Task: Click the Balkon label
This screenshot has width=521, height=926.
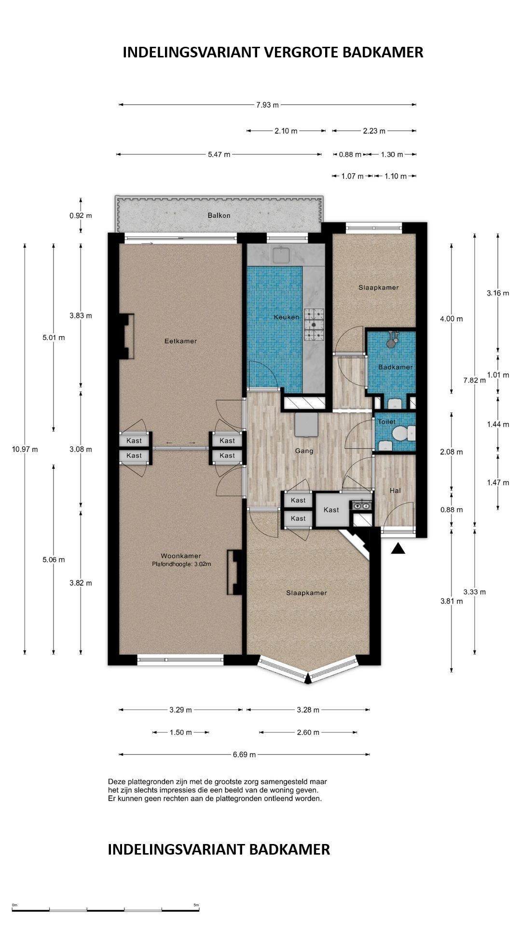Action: click(219, 216)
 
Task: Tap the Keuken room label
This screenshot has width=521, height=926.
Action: click(287, 317)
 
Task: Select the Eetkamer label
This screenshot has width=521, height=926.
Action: click(180, 341)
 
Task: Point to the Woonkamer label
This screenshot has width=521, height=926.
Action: click(181, 556)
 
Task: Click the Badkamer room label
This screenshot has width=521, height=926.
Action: click(396, 367)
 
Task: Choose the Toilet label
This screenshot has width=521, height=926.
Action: click(386, 422)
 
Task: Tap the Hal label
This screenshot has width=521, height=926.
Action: click(395, 490)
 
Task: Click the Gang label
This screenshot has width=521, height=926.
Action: click(304, 451)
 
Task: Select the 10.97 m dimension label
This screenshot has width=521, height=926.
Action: click(25, 449)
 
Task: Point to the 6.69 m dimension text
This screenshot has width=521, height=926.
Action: click(244, 754)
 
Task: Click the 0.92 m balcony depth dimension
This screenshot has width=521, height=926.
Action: click(81, 216)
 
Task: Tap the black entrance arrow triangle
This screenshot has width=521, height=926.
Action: click(398, 548)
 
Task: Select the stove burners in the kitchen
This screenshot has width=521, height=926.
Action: click(314, 325)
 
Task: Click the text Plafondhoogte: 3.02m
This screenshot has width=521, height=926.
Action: click(181, 564)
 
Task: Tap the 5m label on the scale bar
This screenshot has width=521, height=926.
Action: click(196, 905)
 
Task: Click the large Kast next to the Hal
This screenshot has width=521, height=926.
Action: click(331, 510)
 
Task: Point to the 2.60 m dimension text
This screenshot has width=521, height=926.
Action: click(308, 732)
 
